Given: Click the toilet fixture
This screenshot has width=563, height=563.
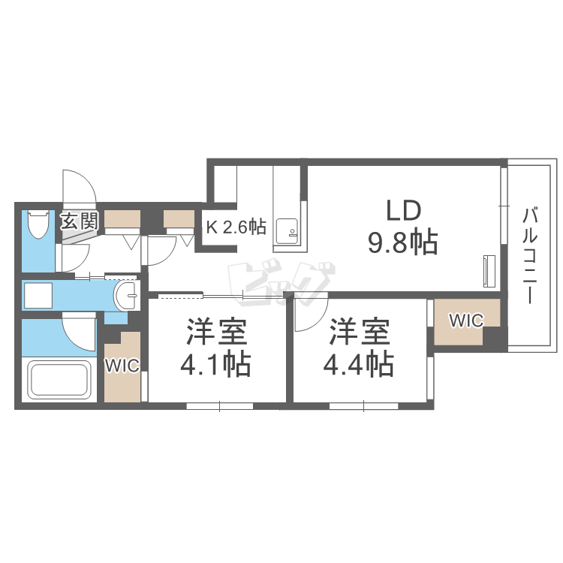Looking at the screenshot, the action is [x=38, y=224].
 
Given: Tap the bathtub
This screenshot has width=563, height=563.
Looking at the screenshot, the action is [x=59, y=380].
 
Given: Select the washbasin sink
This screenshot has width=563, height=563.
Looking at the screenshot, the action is [x=127, y=295].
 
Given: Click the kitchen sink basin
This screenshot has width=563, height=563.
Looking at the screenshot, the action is [x=287, y=231].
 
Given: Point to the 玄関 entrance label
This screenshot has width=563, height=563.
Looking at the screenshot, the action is [x=79, y=221].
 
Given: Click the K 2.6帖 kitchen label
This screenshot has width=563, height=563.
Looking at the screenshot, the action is [x=236, y=227].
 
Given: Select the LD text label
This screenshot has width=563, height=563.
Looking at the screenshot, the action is [x=403, y=210].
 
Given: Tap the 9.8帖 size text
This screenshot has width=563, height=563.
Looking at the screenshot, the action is [x=403, y=242].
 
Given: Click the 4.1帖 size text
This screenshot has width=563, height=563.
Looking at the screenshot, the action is [x=215, y=364].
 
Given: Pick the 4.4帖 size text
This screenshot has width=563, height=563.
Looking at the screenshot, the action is [x=358, y=364].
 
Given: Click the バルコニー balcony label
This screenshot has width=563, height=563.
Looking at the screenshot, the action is [x=530, y=256].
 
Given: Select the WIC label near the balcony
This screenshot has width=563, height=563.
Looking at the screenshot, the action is [x=466, y=321].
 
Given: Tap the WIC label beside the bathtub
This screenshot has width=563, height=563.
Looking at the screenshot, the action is [x=122, y=366].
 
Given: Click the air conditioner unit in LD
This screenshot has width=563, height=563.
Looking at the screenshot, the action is [x=489, y=271].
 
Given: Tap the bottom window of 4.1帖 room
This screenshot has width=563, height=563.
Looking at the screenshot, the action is [x=220, y=406].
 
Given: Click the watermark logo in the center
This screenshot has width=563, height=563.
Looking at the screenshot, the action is [x=281, y=284].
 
